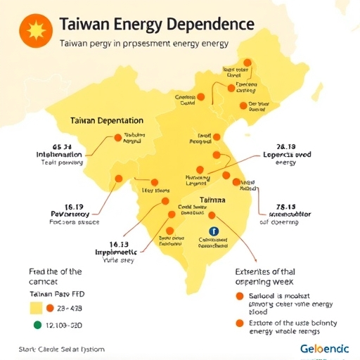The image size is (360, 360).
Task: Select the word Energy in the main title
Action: pyautogui.click(x=134, y=24)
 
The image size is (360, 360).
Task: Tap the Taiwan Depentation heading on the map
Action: pyautogui.click(x=107, y=121)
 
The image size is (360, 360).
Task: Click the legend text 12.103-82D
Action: pyautogui.click(x=63, y=326)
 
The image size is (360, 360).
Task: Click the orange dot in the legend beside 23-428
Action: pyautogui.click(x=50, y=308)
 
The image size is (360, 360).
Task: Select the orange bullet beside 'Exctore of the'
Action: pyautogui.click(x=240, y=323)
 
